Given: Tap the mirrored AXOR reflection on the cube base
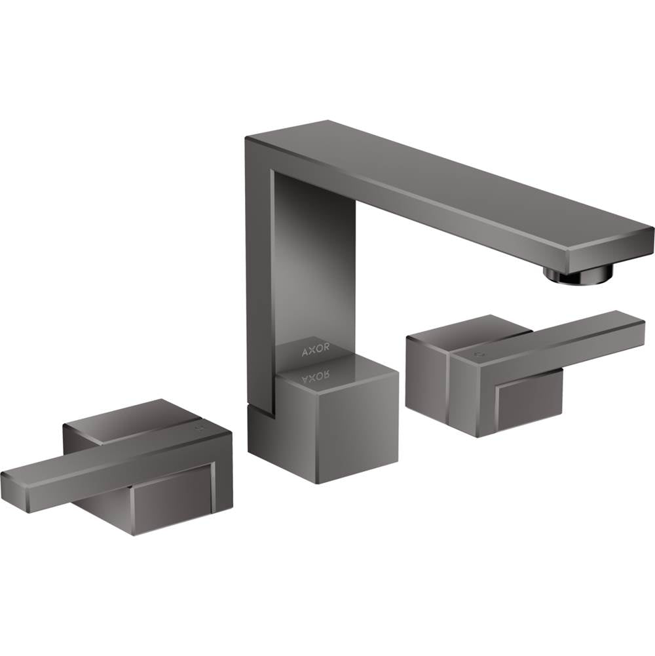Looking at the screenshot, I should click(x=315, y=376).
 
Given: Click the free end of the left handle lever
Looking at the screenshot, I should click(x=13, y=489).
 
